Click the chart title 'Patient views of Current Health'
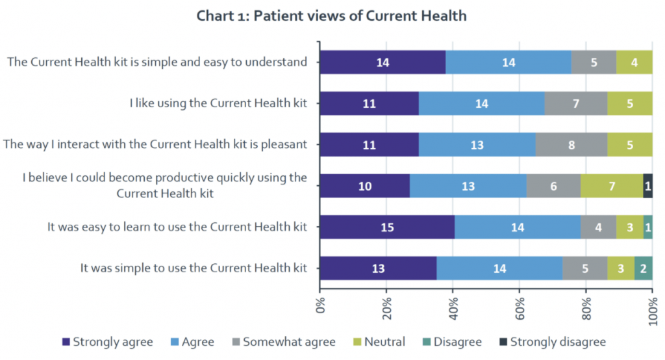(332, 16)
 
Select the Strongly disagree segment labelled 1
(647, 186)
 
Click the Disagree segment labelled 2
(643, 268)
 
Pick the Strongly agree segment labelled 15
(387, 227)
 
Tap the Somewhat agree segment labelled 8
(571, 145)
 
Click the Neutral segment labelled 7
(612, 186)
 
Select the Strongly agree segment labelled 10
(365, 186)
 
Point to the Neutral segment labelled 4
(634, 62)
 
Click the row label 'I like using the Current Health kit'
(218, 103)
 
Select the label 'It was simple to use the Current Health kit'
(194, 268)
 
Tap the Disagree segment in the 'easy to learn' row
(647, 227)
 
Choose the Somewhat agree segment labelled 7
(575, 103)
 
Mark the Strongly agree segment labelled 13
(378, 268)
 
